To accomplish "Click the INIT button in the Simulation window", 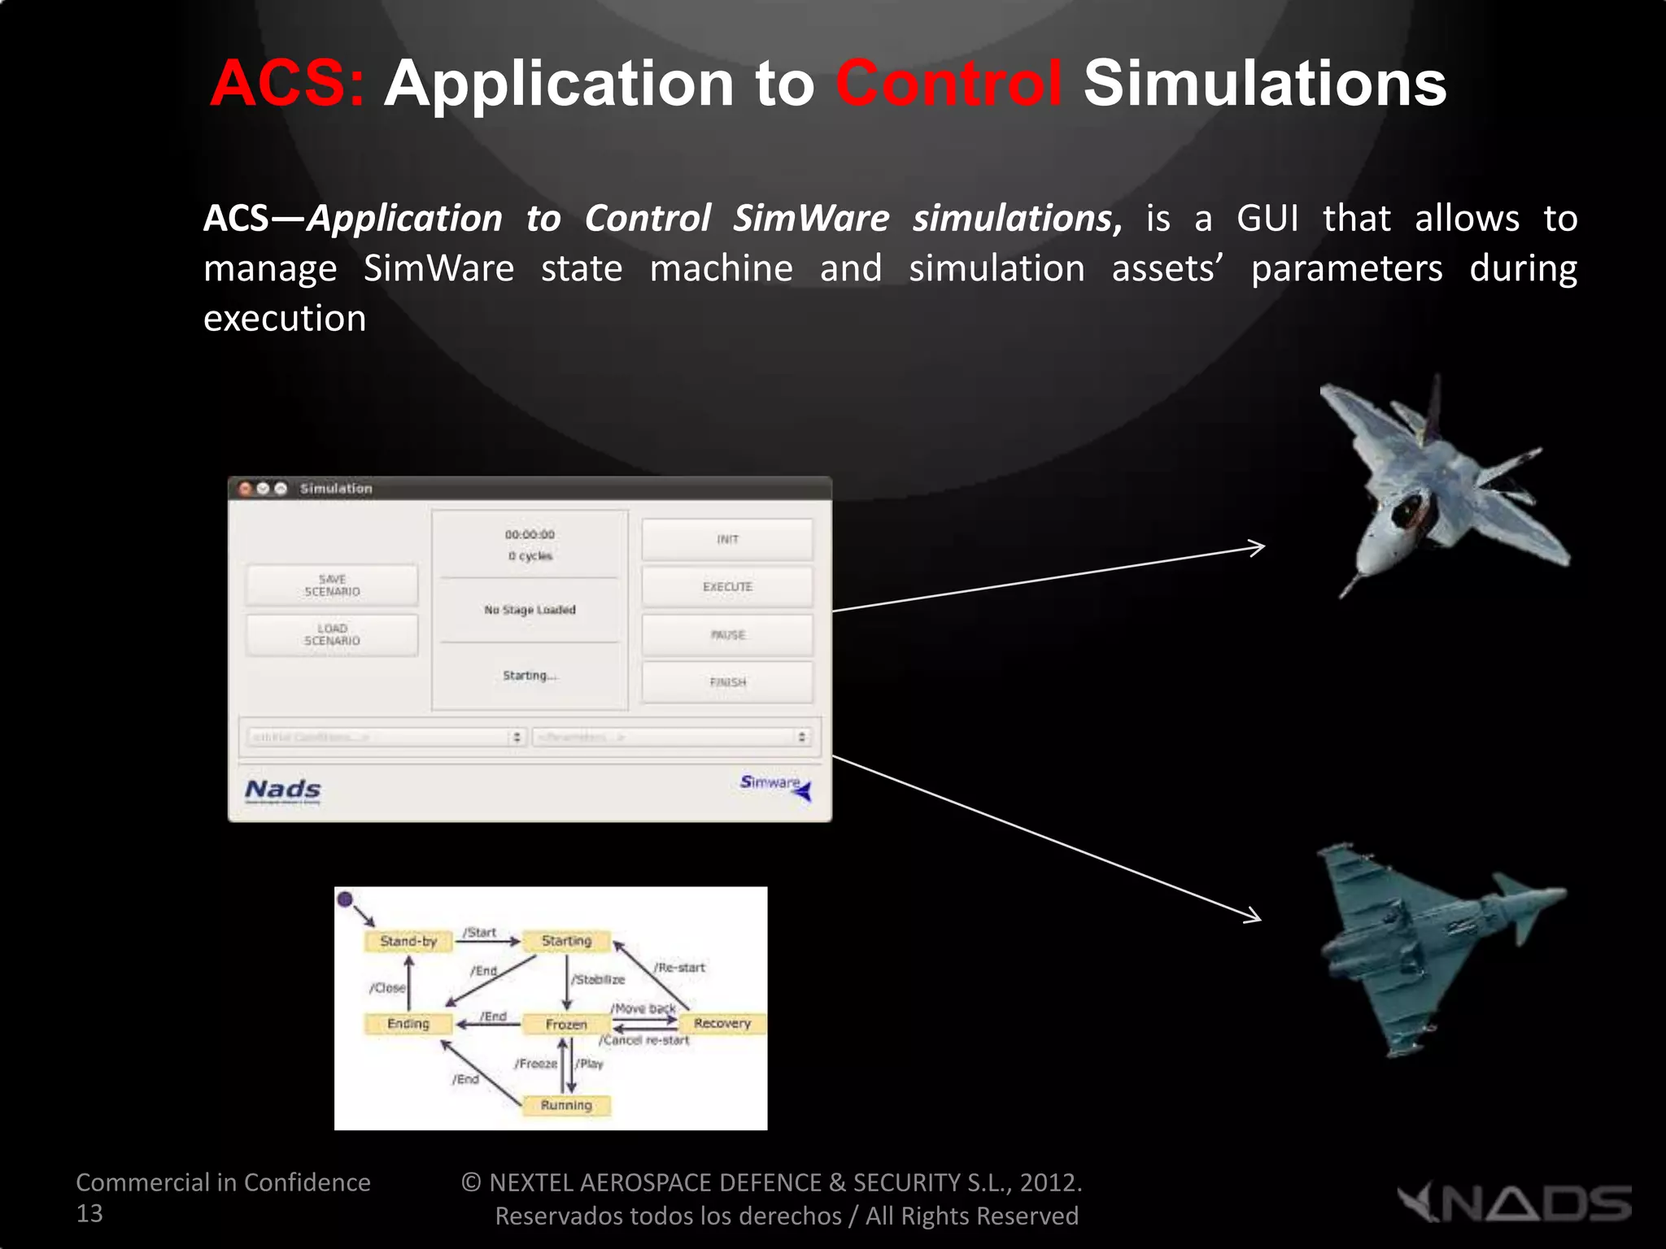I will point(727,539).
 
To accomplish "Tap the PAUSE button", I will point(727,634).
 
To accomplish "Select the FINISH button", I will point(727,682).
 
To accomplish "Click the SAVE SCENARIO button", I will point(332,585).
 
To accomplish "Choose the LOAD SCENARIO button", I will point(332,634).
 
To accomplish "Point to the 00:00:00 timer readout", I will point(530,534).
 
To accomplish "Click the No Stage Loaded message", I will point(530,610).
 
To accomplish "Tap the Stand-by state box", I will point(408,941).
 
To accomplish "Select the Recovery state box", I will point(722,1023).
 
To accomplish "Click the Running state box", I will point(566,1105).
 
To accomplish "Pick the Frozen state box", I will point(566,1025).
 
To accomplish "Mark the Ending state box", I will point(408,1024).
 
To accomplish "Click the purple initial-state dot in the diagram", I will point(345,899).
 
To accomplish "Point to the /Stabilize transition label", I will point(599,980).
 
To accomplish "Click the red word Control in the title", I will point(949,83).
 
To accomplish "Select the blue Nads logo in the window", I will point(283,790).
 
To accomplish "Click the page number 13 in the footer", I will point(89,1213).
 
